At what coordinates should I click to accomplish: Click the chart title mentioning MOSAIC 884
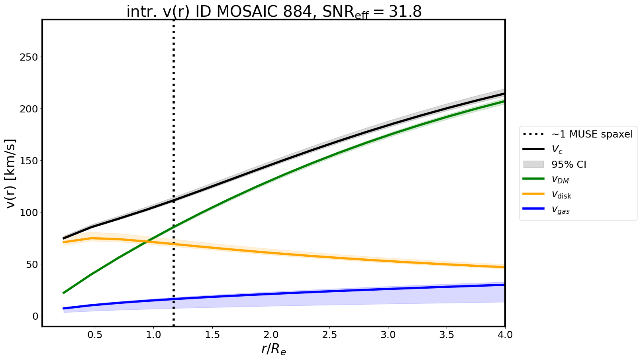[274, 12]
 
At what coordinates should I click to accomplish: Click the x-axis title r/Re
[274, 349]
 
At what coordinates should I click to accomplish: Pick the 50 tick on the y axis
[31, 265]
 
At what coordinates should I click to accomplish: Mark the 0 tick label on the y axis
[35, 317]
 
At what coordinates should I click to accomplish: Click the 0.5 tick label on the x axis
[95, 335]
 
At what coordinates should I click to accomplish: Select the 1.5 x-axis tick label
[212, 335]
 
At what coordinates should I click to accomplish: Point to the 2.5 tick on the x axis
[329, 335]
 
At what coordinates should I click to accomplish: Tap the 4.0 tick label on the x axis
[505, 335]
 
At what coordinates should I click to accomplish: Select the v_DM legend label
[560, 179]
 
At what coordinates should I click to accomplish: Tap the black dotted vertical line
[174, 120]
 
